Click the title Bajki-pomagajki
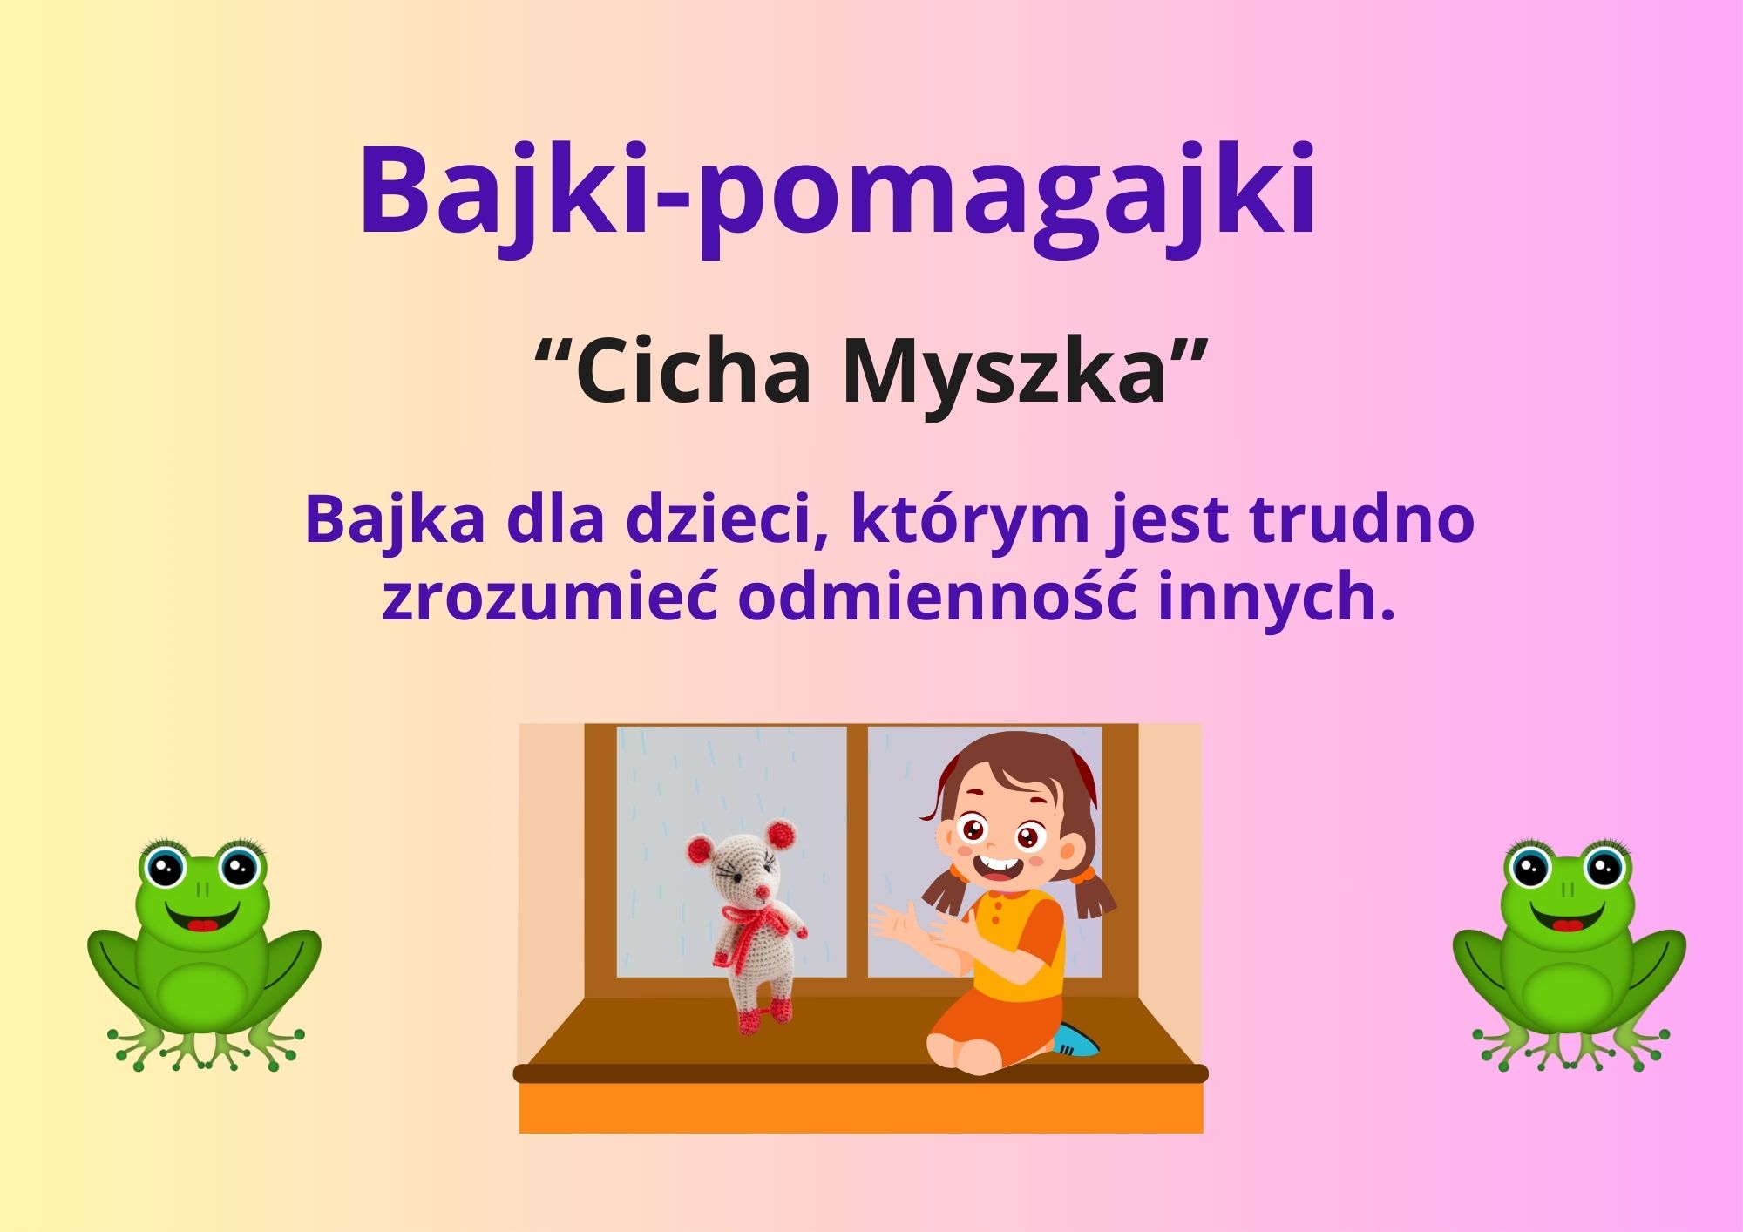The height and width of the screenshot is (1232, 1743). (837, 196)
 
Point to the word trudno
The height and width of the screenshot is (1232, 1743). (1362, 519)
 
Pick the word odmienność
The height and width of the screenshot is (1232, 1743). (938, 598)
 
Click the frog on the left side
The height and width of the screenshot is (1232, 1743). (204, 955)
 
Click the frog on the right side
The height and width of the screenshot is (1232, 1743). (1569, 955)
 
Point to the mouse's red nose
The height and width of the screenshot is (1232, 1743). (761, 892)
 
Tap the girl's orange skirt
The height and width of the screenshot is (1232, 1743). (994, 1032)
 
